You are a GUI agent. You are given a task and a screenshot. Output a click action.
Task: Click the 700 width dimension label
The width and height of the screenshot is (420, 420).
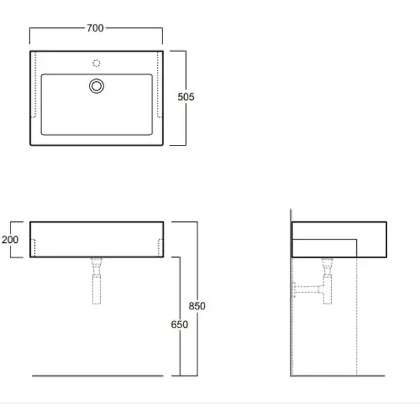(x=95, y=28)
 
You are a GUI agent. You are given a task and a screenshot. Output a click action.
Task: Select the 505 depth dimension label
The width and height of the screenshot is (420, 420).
(x=186, y=97)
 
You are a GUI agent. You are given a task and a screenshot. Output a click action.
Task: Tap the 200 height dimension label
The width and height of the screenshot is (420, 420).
(x=10, y=239)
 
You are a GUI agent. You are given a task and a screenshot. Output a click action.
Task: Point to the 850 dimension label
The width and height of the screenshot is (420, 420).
(x=197, y=306)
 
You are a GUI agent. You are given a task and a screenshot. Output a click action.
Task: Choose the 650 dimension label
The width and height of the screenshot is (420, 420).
(x=179, y=324)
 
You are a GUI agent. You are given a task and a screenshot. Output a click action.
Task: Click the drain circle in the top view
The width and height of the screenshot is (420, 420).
(x=97, y=86)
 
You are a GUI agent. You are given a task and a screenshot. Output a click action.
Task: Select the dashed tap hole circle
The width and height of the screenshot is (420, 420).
(x=97, y=63)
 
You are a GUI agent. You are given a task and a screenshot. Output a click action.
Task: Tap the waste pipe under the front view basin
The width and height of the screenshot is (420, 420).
(x=97, y=281)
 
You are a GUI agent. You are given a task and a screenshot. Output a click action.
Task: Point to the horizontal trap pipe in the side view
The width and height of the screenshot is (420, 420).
(x=307, y=290)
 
